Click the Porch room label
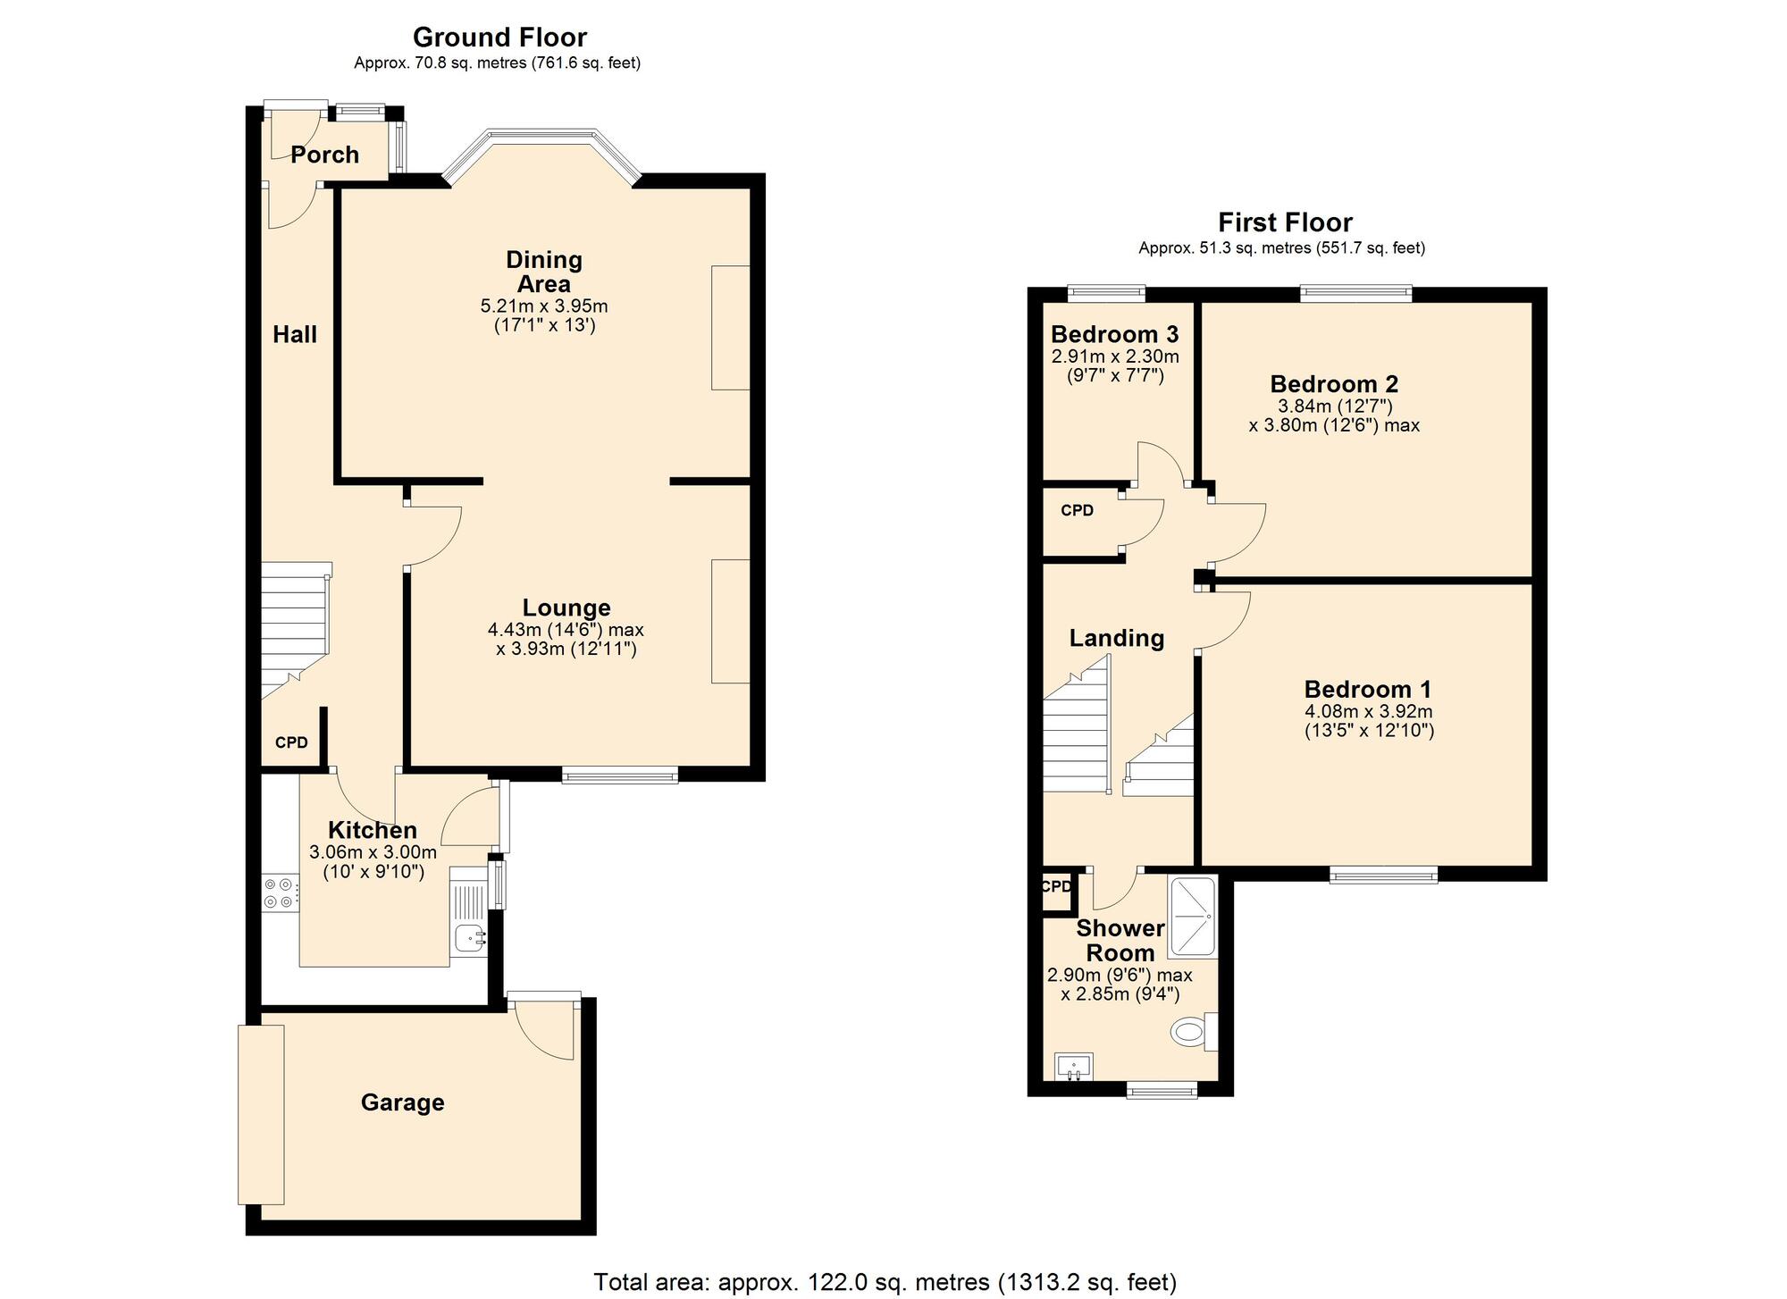(324, 155)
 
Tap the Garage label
(402, 1102)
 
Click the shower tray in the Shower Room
(1192, 918)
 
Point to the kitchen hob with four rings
(279, 893)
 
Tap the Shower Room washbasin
(1073, 1066)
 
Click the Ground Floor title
(499, 38)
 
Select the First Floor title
(1285, 222)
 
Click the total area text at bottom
(885, 1282)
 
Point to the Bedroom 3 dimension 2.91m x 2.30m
(1115, 356)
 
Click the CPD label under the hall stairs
(291, 742)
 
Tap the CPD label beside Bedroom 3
(1077, 511)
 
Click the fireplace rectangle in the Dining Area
(730, 327)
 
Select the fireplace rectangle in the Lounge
(730, 621)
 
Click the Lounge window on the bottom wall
(619, 775)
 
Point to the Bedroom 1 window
(1383, 876)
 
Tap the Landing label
(1117, 638)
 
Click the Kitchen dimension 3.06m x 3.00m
(373, 852)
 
